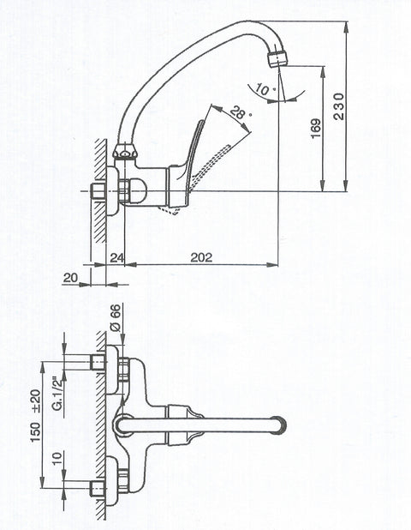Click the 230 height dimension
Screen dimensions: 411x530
(x=338, y=106)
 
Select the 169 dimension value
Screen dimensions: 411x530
(x=316, y=128)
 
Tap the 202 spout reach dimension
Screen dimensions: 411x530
(x=201, y=257)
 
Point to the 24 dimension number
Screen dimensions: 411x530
(x=117, y=257)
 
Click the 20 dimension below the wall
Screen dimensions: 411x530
(x=70, y=278)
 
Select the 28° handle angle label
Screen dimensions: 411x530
(x=241, y=113)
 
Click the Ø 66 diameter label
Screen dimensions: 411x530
(x=116, y=317)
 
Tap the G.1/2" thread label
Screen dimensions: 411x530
(x=59, y=393)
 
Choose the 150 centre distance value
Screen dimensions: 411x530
(x=35, y=431)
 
